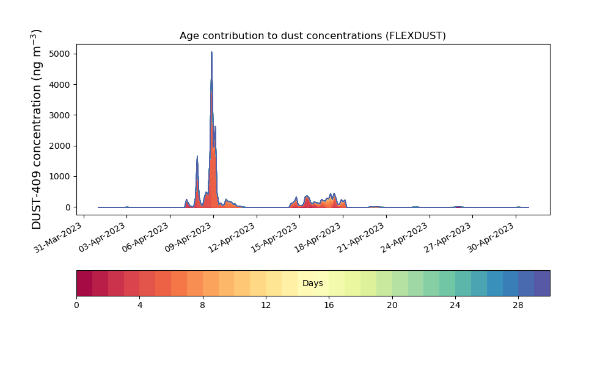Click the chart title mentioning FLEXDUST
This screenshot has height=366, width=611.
[312, 36]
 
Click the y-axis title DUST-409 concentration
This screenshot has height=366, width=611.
[36, 129]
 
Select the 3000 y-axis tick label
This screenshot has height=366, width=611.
[60, 115]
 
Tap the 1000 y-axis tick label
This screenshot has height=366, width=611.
[60, 176]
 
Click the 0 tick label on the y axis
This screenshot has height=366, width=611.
[68, 207]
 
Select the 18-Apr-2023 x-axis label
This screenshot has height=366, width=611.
[318, 237]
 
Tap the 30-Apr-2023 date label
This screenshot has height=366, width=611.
[491, 237]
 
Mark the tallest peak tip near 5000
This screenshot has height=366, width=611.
[211, 52]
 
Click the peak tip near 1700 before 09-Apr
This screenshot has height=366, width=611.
[197, 156]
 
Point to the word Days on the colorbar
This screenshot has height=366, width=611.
[313, 283]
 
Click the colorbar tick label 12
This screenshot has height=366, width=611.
[266, 306]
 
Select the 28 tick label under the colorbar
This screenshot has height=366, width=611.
[518, 306]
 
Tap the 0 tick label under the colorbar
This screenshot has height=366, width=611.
[76, 306]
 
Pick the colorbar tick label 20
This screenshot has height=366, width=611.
[392, 306]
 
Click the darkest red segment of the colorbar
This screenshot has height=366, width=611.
[84, 283]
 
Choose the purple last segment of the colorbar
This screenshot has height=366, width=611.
[542, 283]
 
